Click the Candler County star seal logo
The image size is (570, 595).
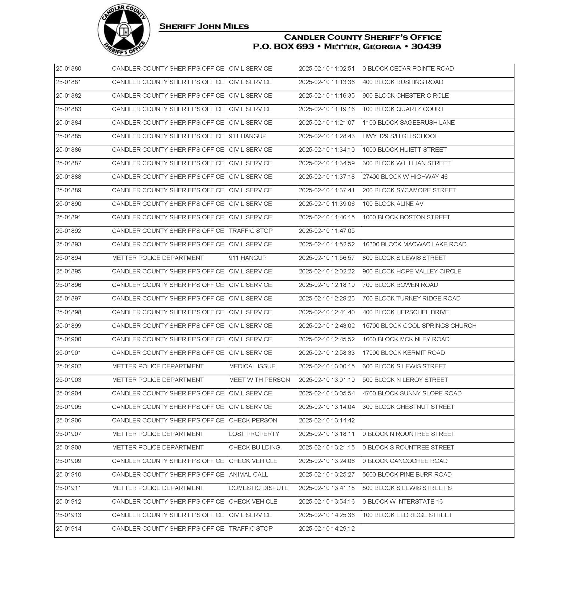point(124,30)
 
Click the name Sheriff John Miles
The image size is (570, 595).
point(204,27)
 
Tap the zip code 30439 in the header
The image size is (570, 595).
point(426,47)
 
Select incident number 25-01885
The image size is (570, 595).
point(69,136)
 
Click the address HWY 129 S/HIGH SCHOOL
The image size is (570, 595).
point(400,136)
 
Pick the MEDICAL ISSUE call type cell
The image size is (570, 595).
point(252,366)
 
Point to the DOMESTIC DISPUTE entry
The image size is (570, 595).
point(259,488)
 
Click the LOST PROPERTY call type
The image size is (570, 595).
point(254,434)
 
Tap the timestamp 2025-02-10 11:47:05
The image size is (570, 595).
point(327,231)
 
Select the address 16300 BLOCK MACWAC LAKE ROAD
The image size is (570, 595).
point(414,244)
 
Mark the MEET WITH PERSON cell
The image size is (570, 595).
point(259,380)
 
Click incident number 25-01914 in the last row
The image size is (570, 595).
point(69,528)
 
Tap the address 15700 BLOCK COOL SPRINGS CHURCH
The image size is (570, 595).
point(419,326)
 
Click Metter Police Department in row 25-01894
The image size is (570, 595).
point(158,258)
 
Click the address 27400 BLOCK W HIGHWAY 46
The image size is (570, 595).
point(405,177)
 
